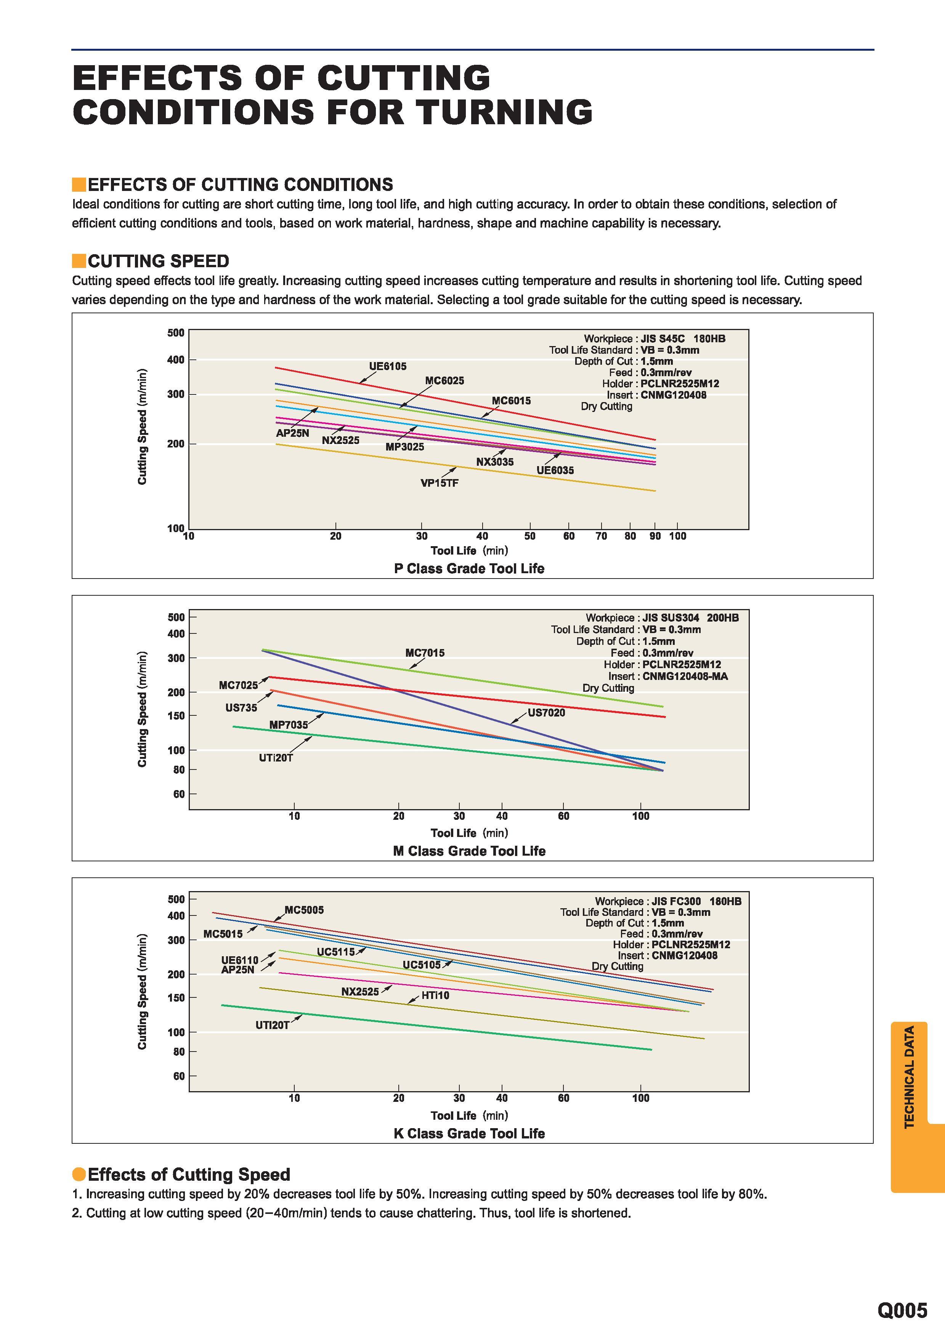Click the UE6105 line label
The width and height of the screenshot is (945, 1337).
pyautogui.click(x=388, y=366)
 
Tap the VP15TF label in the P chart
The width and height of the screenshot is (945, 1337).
pyautogui.click(x=440, y=483)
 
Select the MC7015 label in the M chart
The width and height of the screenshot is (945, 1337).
pyautogui.click(x=425, y=653)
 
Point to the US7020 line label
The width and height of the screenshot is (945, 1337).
pyautogui.click(x=546, y=713)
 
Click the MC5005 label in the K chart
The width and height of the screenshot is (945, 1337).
pyautogui.click(x=304, y=910)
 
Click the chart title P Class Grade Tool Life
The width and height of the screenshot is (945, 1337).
pyautogui.click(x=469, y=568)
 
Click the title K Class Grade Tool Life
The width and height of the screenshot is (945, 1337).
pyautogui.click(x=469, y=1133)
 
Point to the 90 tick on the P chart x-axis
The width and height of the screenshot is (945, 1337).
pyautogui.click(x=655, y=536)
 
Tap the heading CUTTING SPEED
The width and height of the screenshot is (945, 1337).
pyautogui.click(x=158, y=261)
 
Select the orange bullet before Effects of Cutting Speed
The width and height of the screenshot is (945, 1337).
pyautogui.click(x=79, y=1175)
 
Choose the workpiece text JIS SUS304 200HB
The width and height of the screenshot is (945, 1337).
pyautogui.click(x=691, y=617)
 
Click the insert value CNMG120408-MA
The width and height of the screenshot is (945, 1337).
pyautogui.click(x=685, y=676)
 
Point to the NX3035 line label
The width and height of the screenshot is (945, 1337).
pyautogui.click(x=495, y=462)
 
